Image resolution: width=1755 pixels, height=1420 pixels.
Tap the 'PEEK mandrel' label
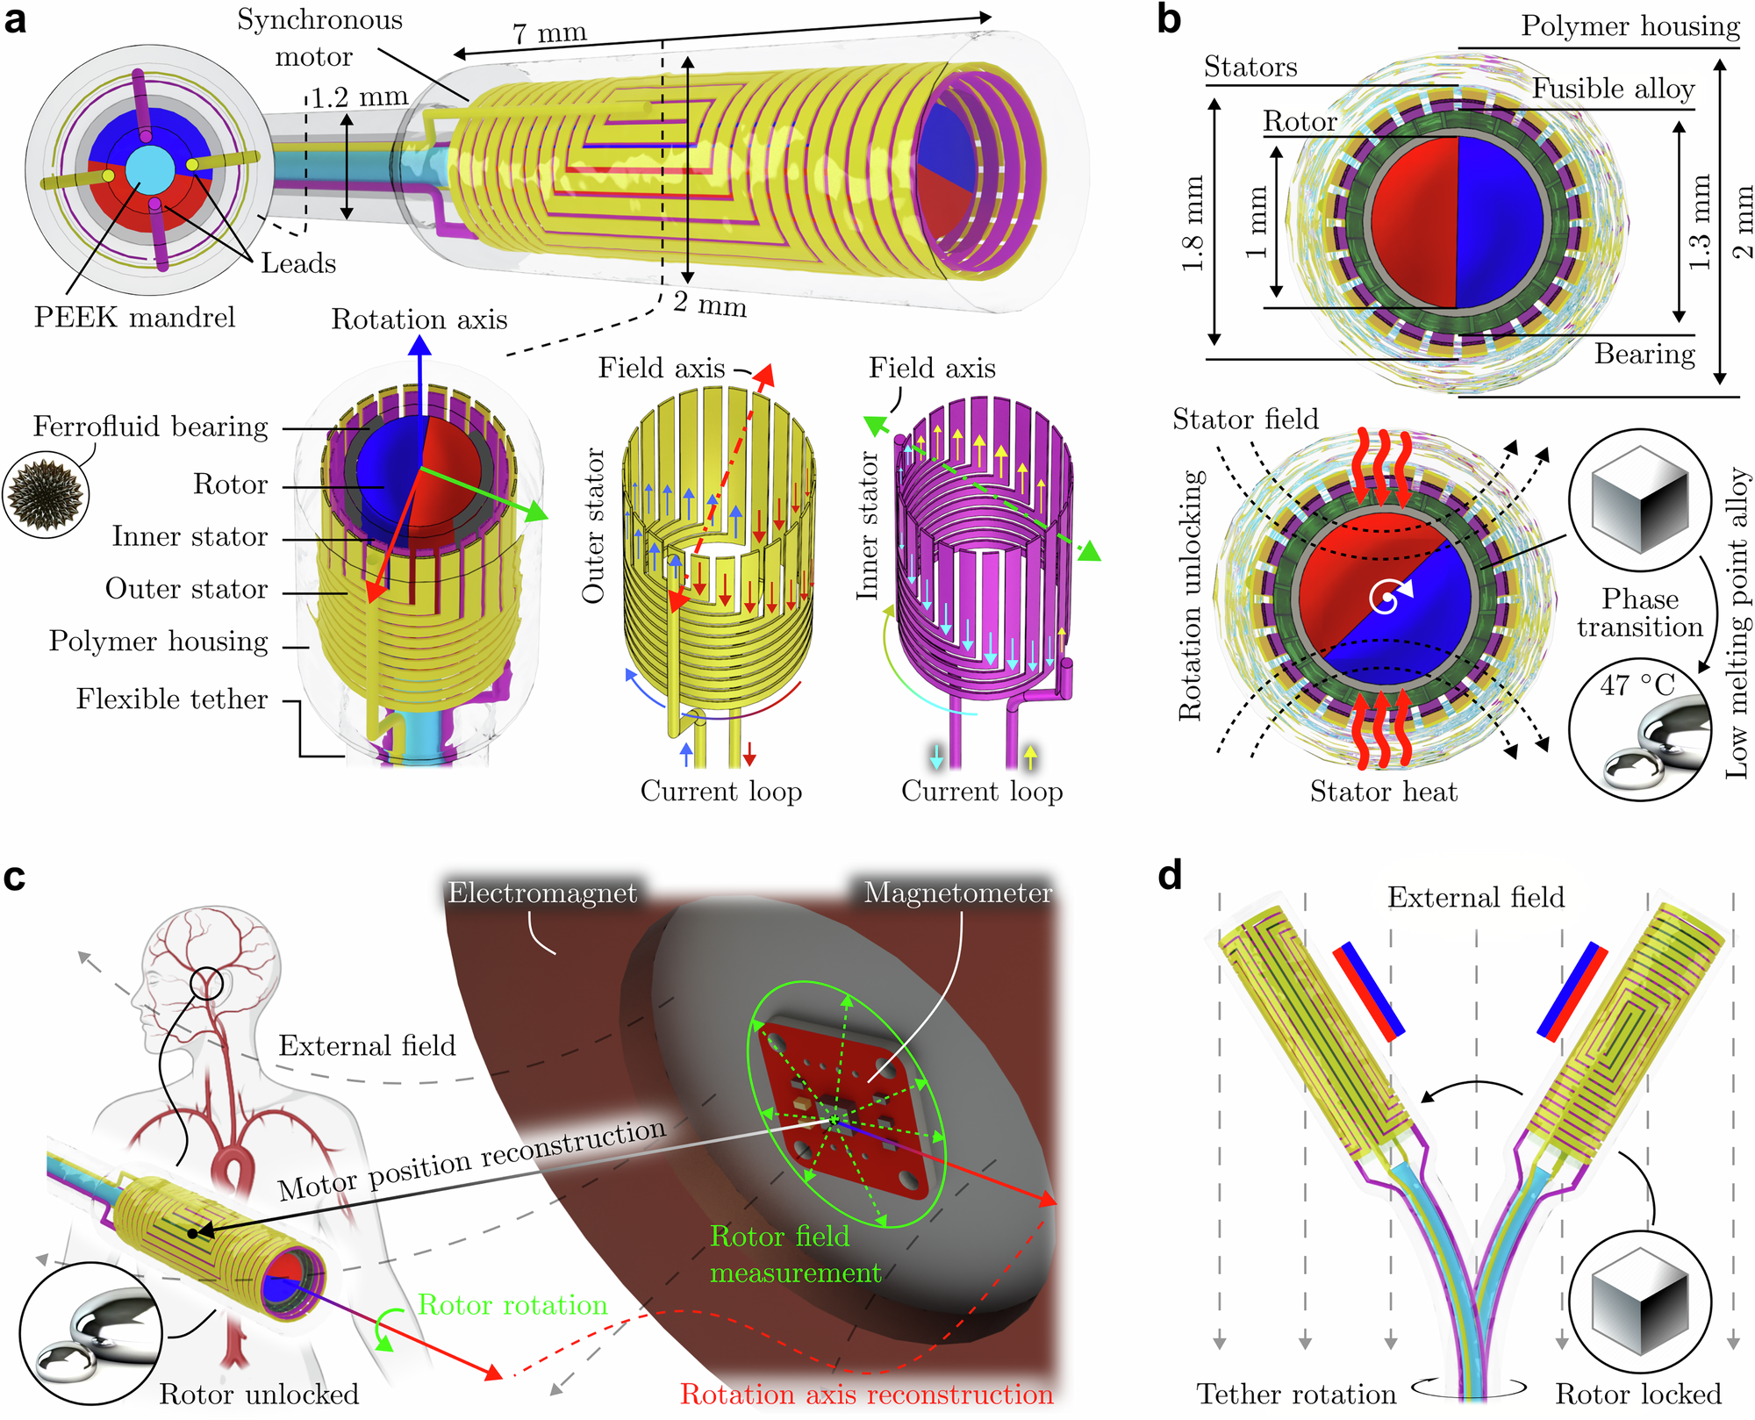[134, 317]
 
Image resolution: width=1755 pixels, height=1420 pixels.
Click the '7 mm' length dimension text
[549, 33]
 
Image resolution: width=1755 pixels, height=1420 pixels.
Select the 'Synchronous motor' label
[319, 38]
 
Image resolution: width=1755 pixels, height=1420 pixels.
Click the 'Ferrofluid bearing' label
[151, 427]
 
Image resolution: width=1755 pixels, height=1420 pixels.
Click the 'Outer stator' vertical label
[594, 526]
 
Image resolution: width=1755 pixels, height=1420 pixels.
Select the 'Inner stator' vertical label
[867, 526]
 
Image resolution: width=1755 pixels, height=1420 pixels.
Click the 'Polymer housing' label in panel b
[1630, 26]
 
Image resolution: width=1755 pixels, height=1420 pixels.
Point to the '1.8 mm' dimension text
[1192, 224]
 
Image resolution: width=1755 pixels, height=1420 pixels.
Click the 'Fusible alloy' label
[1613, 89]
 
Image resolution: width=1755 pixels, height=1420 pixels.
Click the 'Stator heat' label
[1383, 792]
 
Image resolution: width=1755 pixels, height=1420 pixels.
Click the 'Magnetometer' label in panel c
[957, 893]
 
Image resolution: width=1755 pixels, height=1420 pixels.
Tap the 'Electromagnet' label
[542, 893]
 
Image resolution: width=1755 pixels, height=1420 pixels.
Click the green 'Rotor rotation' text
[512, 1305]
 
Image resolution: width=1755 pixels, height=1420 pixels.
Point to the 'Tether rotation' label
[1296, 1394]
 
